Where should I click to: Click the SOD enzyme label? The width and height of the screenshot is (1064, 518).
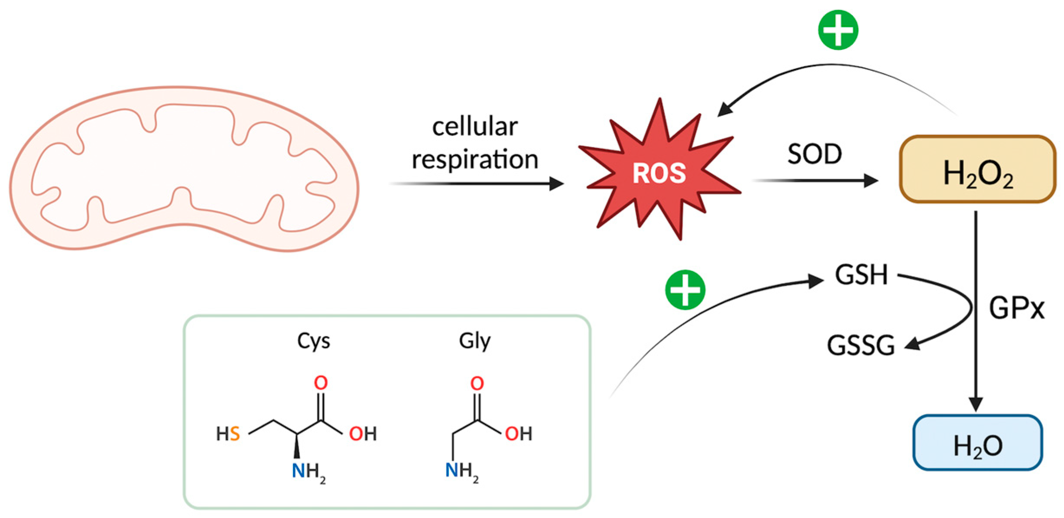pyautogui.click(x=814, y=154)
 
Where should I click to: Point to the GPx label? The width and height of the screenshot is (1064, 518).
pyautogui.click(x=1016, y=309)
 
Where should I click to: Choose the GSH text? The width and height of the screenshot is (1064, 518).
pyautogui.click(x=861, y=275)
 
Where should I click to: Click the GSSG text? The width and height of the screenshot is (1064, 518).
pyautogui.click(x=861, y=345)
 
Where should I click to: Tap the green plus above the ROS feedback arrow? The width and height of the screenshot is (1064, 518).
pyautogui.click(x=838, y=30)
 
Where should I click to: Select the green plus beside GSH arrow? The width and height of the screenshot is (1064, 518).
pyautogui.click(x=685, y=290)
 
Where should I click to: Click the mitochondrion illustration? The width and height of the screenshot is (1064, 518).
pyautogui.click(x=184, y=169)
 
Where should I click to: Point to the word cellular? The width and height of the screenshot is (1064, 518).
pyautogui.click(x=475, y=127)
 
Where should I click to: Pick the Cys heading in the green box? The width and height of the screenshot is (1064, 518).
pyautogui.click(x=313, y=341)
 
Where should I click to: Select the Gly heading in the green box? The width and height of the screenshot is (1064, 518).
pyautogui.click(x=475, y=341)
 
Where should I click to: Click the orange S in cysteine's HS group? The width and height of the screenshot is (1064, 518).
pyautogui.click(x=234, y=433)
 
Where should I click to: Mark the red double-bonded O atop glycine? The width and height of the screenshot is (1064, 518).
pyautogui.click(x=477, y=383)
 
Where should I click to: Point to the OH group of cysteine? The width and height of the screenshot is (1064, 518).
pyautogui.click(x=363, y=433)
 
